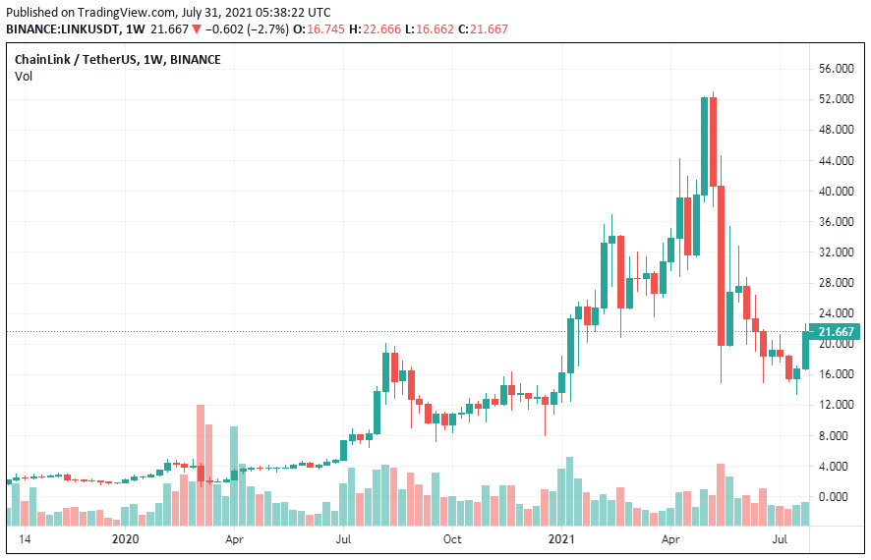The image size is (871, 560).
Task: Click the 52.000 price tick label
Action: [837, 99]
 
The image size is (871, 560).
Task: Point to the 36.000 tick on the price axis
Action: [837, 222]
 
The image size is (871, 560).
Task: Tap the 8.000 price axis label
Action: [837, 435]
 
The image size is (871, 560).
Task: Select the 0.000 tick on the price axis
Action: [837, 496]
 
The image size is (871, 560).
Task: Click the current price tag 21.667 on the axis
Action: [837, 332]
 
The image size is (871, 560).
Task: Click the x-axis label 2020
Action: [126, 539]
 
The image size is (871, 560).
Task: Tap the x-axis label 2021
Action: [562, 539]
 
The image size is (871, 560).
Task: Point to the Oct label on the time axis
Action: [452, 539]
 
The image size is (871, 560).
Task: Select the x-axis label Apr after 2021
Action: [671, 539]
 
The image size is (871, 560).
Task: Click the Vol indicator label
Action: [23, 77]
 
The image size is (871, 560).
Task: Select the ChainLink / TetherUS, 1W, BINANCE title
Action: [117, 59]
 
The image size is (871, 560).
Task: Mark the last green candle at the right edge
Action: [806, 350]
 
